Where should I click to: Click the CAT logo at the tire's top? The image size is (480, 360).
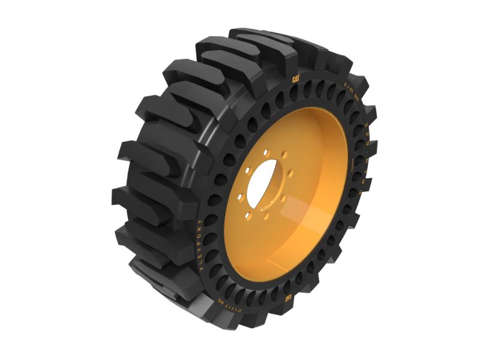tap(296, 79)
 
